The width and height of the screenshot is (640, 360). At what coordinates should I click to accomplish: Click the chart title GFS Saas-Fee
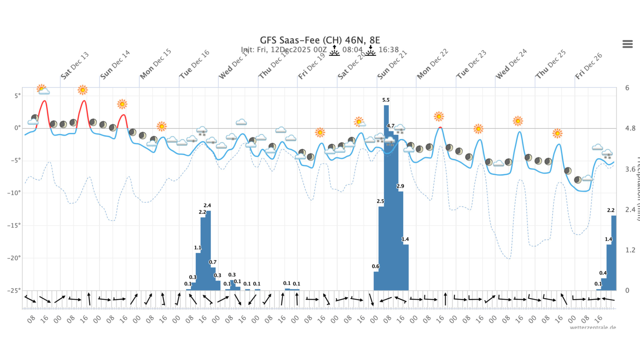point(320,40)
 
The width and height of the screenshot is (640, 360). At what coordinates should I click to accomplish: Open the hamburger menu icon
point(627,44)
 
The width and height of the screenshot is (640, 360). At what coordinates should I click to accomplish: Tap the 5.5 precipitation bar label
point(386,100)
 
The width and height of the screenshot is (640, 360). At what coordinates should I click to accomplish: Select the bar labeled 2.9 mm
point(401,240)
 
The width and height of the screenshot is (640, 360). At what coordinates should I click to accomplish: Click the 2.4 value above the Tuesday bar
point(207,205)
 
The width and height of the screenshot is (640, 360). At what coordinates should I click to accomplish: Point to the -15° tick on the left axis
point(14,225)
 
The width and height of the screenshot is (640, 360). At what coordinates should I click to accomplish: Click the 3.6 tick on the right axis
point(630,169)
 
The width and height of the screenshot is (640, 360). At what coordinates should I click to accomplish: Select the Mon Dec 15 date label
point(156,64)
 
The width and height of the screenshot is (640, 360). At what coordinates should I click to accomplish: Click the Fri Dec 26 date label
point(588,66)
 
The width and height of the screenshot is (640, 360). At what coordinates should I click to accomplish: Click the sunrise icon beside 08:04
point(334,51)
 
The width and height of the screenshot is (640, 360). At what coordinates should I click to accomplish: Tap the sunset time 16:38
point(388,50)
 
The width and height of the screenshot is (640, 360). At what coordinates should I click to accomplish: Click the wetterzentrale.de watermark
point(593,327)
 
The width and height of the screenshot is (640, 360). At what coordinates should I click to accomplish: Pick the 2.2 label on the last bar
point(611,210)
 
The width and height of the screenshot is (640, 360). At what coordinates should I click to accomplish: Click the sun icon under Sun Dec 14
point(122,104)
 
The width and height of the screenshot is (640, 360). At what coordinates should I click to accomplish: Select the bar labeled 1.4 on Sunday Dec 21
point(406,267)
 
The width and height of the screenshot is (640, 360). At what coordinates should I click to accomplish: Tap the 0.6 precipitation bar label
point(375,266)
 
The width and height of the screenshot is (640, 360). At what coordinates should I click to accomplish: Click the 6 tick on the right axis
point(627,88)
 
